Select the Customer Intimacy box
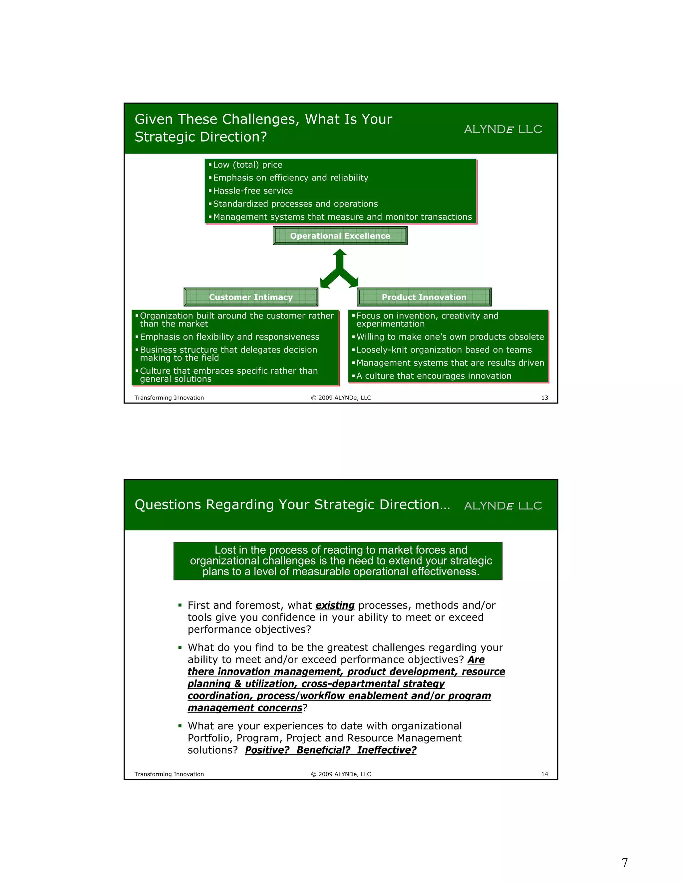pos(250,297)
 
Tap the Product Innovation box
pos(424,297)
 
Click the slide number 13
pos(544,398)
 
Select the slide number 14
pos(544,774)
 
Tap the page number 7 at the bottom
pos(625,862)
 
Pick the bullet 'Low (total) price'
pos(247,165)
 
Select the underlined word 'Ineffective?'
pos(386,750)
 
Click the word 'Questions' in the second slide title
pos(168,504)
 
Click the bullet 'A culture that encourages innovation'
pos(434,376)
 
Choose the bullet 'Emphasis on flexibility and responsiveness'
pos(229,337)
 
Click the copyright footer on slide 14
pos(341,774)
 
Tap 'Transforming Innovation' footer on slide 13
pos(169,398)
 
